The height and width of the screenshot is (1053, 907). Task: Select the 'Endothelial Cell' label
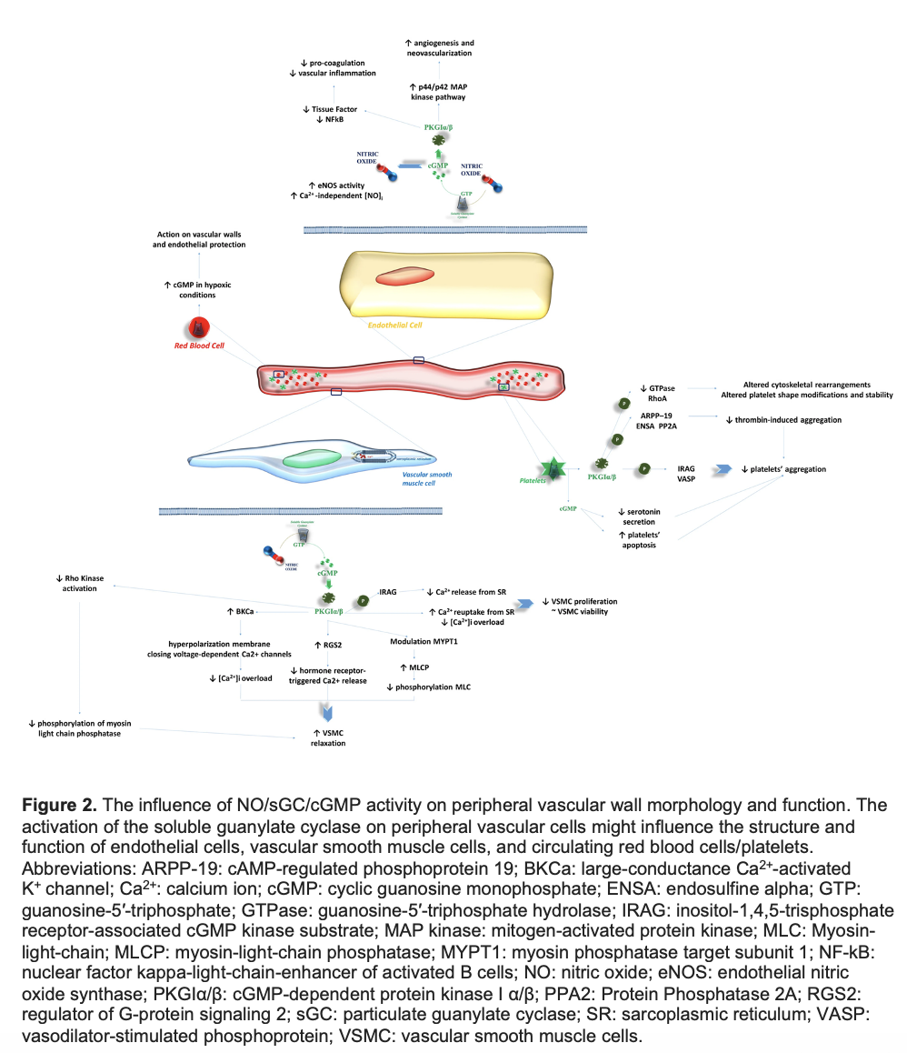[394, 324]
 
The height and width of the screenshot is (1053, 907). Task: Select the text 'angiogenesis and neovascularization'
[440, 48]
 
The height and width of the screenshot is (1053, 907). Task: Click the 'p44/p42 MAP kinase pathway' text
[438, 91]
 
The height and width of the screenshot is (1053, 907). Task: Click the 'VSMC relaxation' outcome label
[328, 737]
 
